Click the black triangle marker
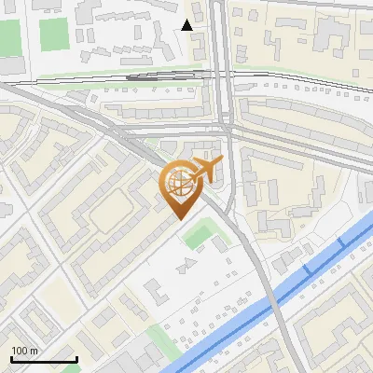187,25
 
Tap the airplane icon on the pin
206,170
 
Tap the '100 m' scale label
25,351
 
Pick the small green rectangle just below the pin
198,236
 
